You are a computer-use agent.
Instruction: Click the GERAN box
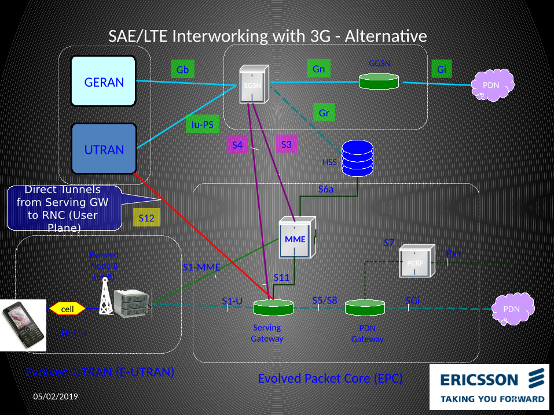(104, 81)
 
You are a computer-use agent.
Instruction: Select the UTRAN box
(104, 149)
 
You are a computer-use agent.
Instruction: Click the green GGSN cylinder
(379, 81)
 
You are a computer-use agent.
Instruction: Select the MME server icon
(297, 237)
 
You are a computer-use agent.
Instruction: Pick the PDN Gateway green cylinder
(365, 307)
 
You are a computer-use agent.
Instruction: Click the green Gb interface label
(182, 71)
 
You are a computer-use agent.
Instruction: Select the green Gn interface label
(318, 69)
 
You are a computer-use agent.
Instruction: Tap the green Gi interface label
(442, 70)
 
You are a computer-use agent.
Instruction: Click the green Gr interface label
(324, 113)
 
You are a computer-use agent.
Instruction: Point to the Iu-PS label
(202, 124)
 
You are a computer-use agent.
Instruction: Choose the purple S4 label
(237, 145)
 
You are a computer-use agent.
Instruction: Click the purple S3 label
(286, 144)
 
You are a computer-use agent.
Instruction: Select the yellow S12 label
(146, 218)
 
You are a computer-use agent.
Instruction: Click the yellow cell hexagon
(68, 309)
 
